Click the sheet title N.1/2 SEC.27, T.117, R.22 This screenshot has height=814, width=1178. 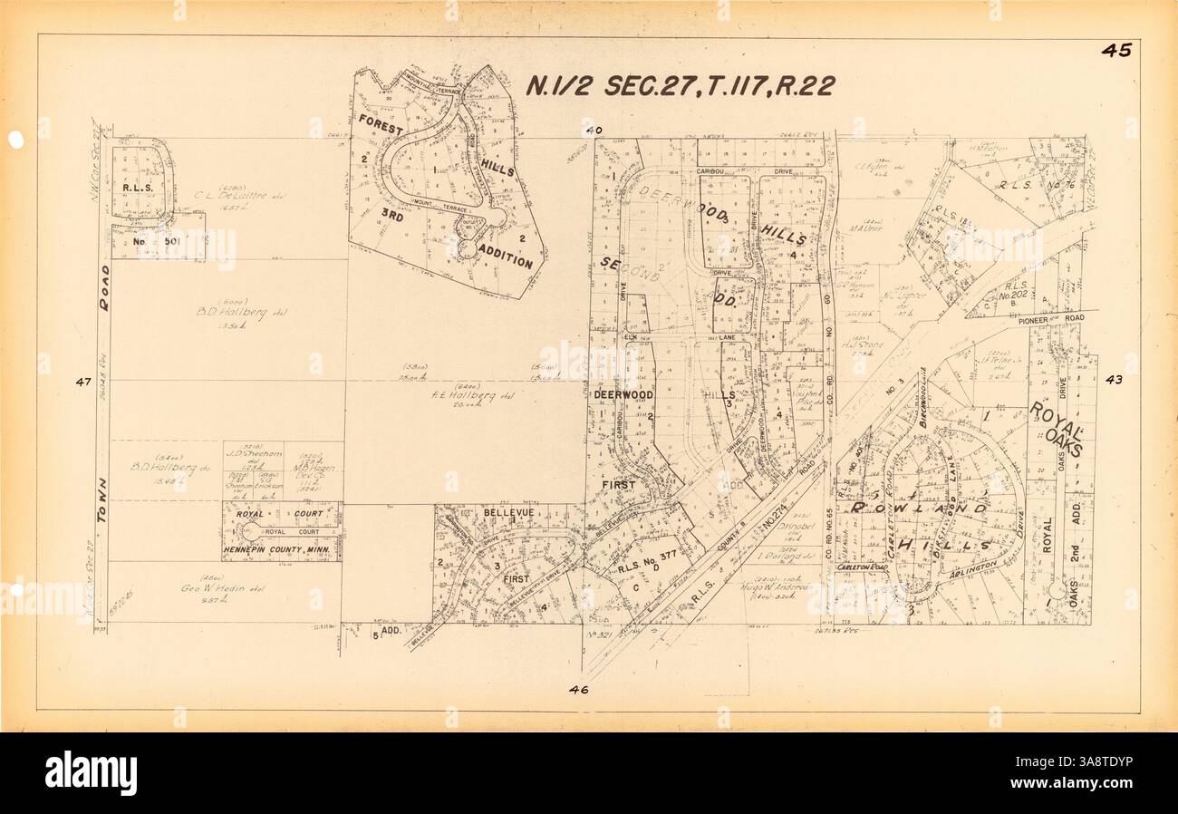coord(680,85)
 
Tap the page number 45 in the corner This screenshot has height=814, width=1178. coord(1115,51)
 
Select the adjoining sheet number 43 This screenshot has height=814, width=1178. coord(1114,380)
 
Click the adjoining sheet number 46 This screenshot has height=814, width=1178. coord(579,690)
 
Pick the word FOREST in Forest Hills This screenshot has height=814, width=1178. coord(380,125)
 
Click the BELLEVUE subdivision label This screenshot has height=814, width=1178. coord(505,512)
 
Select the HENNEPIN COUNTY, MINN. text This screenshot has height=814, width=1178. coord(281,550)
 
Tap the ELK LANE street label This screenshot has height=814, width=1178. coord(685,336)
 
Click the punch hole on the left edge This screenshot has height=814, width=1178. coord(15,141)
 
